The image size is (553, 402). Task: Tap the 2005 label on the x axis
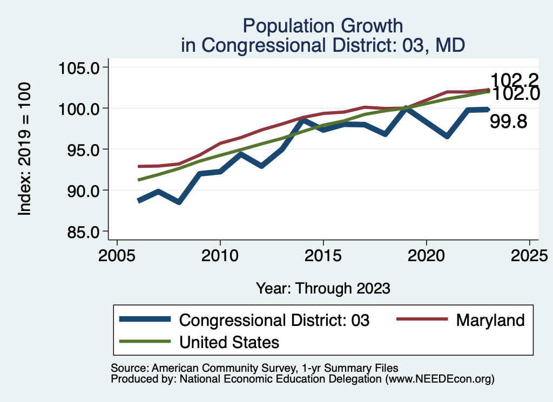coord(117,255)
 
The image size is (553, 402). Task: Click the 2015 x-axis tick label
coord(323,255)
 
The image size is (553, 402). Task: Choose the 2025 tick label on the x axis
coord(529,255)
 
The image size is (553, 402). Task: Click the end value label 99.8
coord(508,122)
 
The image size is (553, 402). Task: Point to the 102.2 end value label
coord(515,80)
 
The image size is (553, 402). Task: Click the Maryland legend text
coord(490,320)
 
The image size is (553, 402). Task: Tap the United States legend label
coord(229,342)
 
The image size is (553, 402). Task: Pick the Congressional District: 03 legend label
coord(274,320)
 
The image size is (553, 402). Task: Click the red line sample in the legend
coord(422,319)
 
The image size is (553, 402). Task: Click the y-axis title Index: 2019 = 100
coord(25,149)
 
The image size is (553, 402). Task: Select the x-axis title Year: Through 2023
coord(323,288)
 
